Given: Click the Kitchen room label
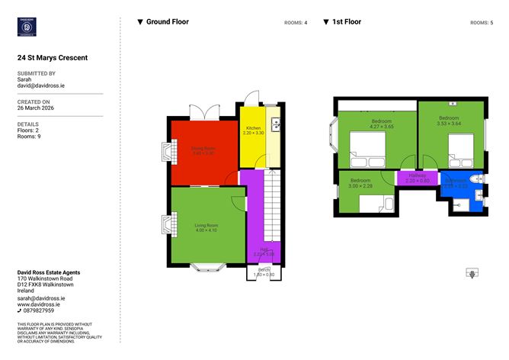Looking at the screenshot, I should pos(252,128).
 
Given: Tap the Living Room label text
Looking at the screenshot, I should pos(206,226).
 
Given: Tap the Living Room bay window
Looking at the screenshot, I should pos(206,267).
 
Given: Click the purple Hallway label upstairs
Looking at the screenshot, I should pos(418,175).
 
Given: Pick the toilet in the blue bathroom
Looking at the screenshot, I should pos(475,178).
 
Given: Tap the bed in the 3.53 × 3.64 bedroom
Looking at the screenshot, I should pos(462,149).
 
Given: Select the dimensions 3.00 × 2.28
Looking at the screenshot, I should pos(360,186).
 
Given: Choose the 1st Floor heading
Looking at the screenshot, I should pos(347,22).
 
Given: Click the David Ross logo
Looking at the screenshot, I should pos(29,27).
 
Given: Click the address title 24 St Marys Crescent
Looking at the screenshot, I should pos(53,57).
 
